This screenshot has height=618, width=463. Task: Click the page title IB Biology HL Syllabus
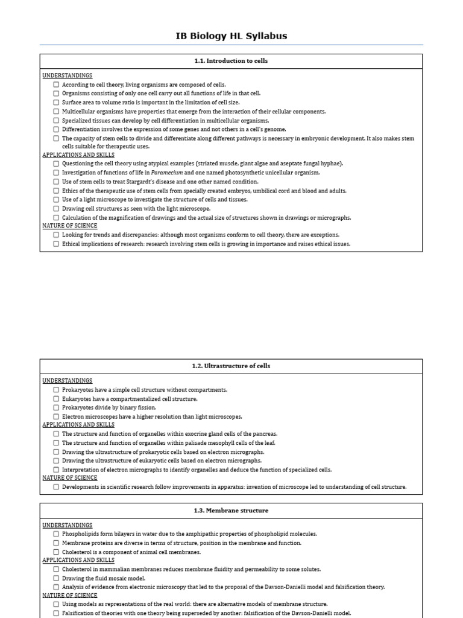pyautogui.click(x=231, y=36)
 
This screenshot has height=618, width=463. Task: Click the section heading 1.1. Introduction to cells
pyautogui.click(x=231, y=61)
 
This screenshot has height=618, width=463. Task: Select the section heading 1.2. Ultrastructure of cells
pyautogui.click(x=231, y=366)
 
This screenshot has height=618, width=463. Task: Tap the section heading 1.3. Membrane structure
pyautogui.click(x=231, y=511)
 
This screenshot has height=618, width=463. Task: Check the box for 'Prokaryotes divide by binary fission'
pyautogui.click(x=56, y=407)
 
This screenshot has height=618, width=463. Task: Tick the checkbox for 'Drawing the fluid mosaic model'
pyautogui.click(x=56, y=578)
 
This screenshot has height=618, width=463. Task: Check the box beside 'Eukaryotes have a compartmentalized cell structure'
pyautogui.click(x=56, y=399)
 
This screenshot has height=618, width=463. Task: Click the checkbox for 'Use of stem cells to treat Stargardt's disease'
pyautogui.click(x=56, y=182)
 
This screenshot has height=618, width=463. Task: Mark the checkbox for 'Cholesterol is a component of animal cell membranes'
pyautogui.click(x=56, y=552)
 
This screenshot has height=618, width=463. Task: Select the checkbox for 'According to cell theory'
pyautogui.click(x=56, y=84)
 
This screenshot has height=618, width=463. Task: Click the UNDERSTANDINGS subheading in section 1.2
pyautogui.click(x=68, y=381)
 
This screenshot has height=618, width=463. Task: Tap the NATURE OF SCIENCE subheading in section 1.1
pyautogui.click(x=70, y=226)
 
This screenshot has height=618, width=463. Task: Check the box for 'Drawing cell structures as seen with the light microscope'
pyautogui.click(x=56, y=208)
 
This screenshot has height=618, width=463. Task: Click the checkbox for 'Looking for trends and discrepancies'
pyautogui.click(x=56, y=235)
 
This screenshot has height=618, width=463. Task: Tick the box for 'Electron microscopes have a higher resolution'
pyautogui.click(x=56, y=416)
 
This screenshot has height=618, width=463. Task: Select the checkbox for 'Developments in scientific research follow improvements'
pyautogui.click(x=56, y=486)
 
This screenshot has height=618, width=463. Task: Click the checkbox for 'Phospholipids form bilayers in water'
pyautogui.click(x=56, y=534)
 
